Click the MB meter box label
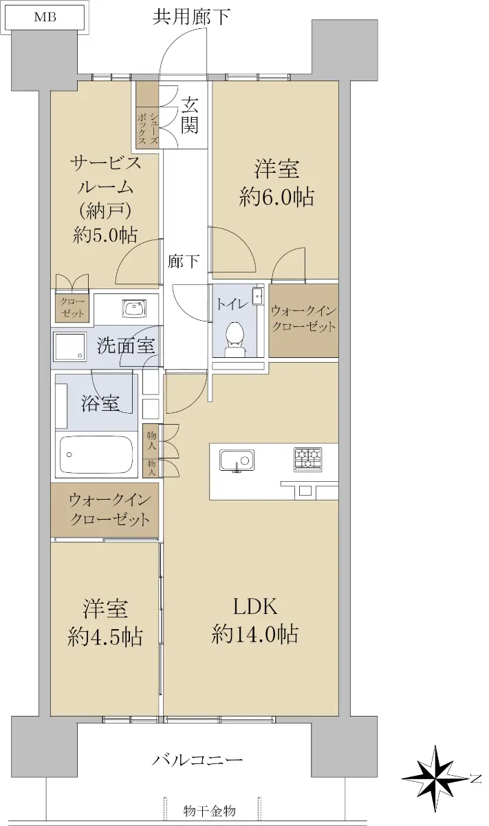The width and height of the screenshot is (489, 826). tap(45, 18)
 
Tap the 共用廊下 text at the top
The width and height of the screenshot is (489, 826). tap(192, 17)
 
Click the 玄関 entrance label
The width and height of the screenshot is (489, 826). tap(190, 115)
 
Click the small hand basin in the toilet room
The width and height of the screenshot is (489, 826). tap(257, 295)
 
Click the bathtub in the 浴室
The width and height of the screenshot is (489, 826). tap(96, 454)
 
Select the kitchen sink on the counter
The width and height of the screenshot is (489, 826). tap(237, 460)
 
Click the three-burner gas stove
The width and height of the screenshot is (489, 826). tap(307, 460)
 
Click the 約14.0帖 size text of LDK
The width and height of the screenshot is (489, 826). tap(254, 635)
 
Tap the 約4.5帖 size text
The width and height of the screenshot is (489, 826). tap(105, 637)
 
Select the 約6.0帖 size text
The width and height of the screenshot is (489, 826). tap(276, 197)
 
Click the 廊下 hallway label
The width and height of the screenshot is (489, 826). tap(184, 262)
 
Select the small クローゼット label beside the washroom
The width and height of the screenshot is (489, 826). tap(73, 308)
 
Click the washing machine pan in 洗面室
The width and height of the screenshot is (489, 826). tap(70, 347)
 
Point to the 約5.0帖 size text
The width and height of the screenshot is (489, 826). tap(105, 235)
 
